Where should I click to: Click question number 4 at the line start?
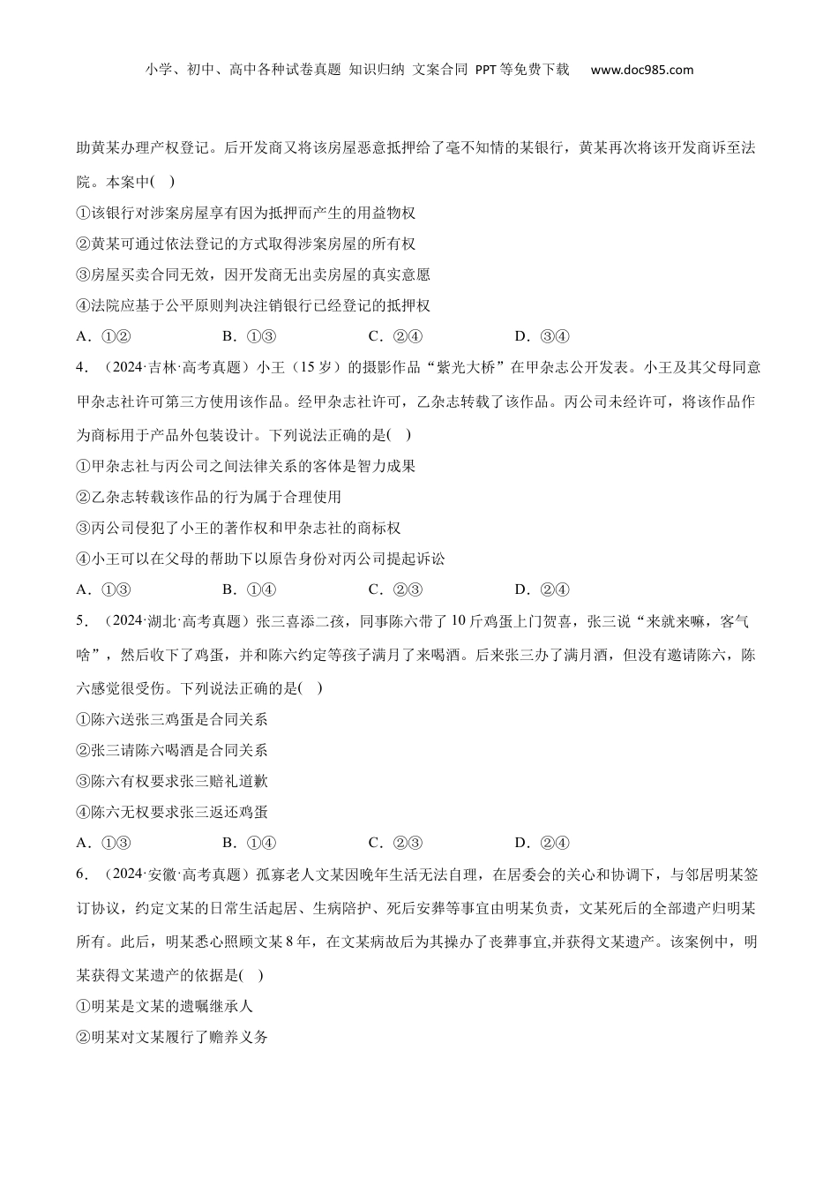point(81,367)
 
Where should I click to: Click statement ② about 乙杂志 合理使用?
point(209,497)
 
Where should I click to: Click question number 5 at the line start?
point(81,621)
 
